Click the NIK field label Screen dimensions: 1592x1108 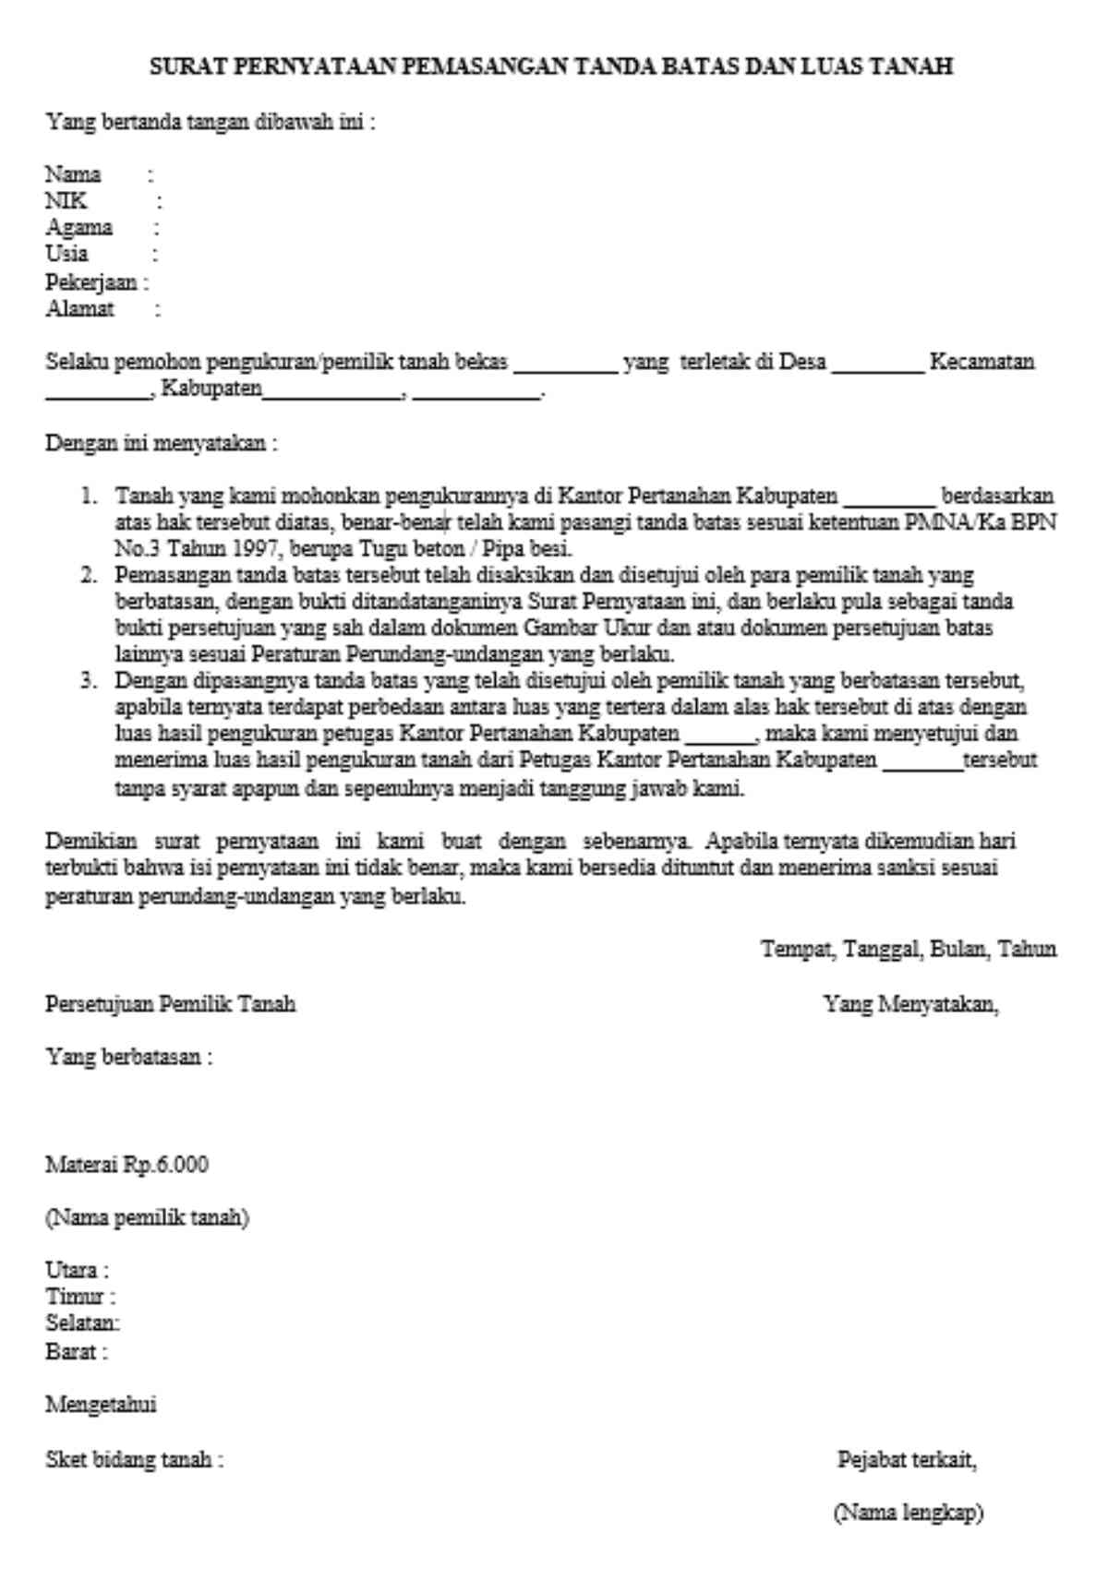click(66, 200)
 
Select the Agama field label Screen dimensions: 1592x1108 click(78, 227)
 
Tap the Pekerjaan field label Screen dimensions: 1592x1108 click(91, 281)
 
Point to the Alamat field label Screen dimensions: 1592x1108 click(79, 308)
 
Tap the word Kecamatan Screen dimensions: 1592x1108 click(982, 362)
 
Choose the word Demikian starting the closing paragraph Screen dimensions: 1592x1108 click(90, 842)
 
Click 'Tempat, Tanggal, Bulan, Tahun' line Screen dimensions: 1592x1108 click(909, 949)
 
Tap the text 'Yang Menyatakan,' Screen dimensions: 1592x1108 click(910, 1003)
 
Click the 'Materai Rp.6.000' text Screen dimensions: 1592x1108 click(127, 1165)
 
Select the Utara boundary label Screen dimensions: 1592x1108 click(77, 1270)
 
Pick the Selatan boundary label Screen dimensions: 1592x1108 click(82, 1323)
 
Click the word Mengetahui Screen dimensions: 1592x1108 click(101, 1405)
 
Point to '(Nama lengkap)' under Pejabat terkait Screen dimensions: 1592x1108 click(909, 1514)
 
